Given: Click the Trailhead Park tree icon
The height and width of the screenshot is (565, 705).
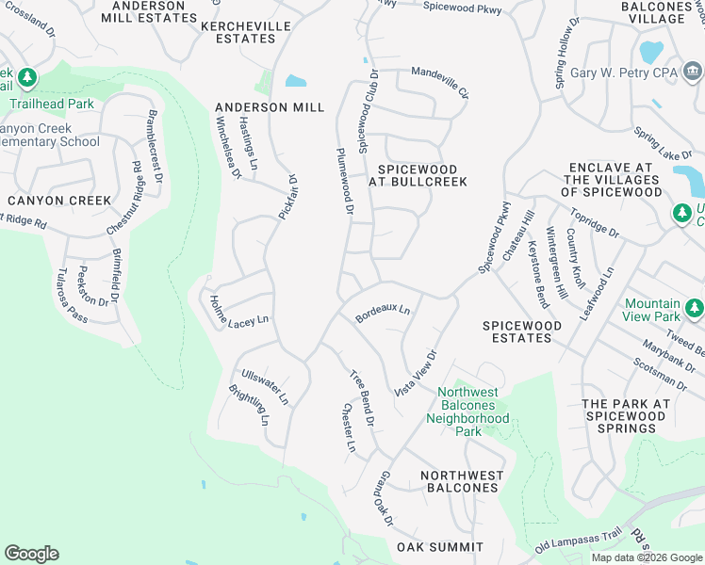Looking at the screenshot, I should [28, 76].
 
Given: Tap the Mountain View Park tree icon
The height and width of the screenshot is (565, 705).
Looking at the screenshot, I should [695, 307].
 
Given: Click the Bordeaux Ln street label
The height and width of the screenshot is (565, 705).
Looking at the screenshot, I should [384, 313].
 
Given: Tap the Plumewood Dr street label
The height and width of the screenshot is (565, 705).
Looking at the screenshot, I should [343, 183].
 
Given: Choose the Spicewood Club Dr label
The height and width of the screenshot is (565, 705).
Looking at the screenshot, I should [367, 112].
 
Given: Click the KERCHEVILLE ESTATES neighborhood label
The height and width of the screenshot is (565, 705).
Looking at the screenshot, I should [239, 33].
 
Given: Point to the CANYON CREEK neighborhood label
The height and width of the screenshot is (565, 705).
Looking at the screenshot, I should [58, 201].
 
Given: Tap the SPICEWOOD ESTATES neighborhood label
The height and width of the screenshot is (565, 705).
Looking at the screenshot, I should [522, 331].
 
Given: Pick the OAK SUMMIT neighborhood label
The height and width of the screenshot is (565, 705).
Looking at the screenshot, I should [440, 547].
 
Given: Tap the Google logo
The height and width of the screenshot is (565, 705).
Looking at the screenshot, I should [32, 554].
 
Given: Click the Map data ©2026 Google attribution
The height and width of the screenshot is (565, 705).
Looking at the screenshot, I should [647, 557].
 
